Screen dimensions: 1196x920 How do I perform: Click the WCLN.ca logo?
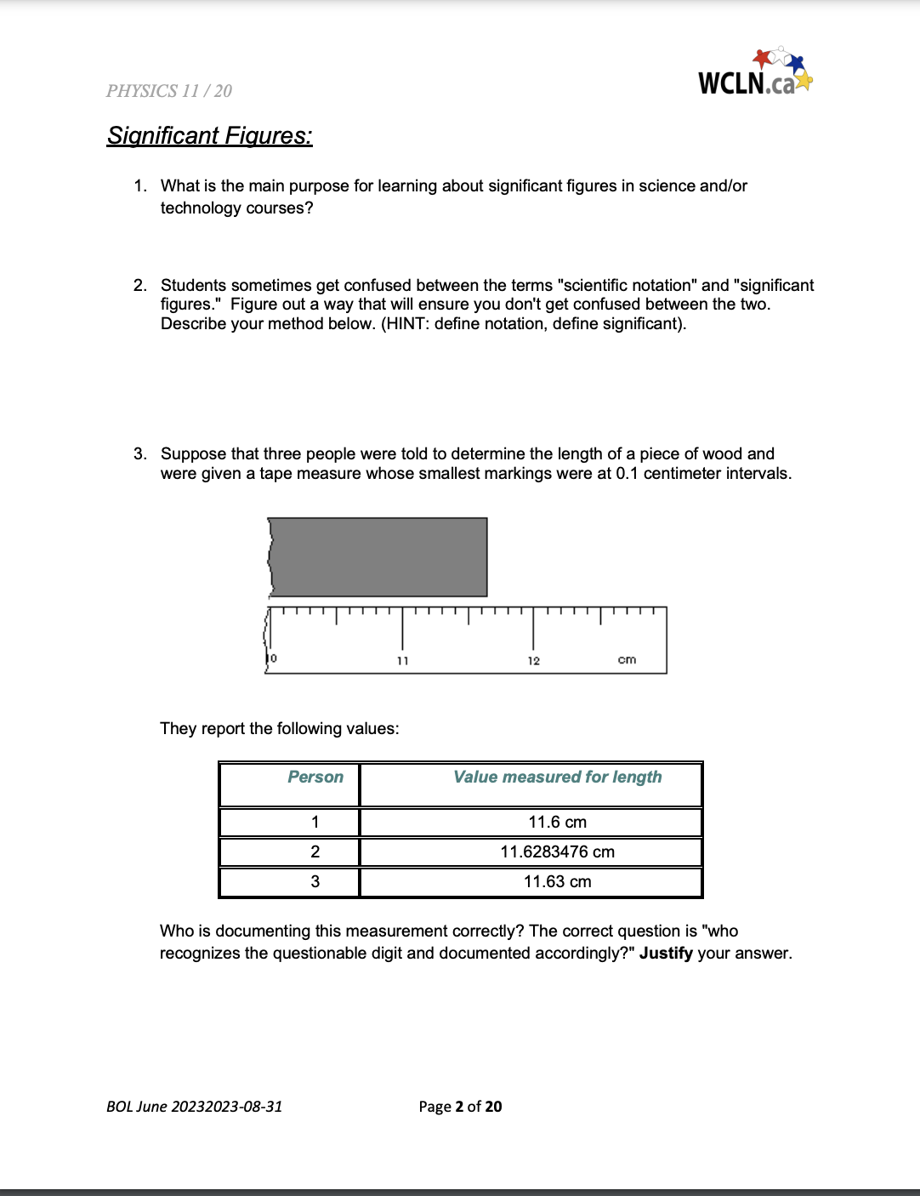[754, 74]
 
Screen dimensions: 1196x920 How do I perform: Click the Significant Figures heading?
[209, 136]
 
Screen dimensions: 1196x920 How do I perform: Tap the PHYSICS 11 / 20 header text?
[168, 91]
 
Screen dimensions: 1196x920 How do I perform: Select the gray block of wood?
[378, 556]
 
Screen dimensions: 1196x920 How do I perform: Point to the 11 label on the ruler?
[403, 661]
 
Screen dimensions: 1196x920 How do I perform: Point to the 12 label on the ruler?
[533, 661]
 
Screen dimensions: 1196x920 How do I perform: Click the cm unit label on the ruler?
[627, 660]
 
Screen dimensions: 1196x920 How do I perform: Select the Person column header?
[315, 777]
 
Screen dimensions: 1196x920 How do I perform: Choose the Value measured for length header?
[557, 777]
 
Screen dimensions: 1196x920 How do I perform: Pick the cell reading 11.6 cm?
[557, 822]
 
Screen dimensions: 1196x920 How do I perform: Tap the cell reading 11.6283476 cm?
[557, 851]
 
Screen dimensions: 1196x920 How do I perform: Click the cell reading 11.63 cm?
[557, 881]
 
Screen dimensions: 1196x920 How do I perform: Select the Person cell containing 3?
[315, 881]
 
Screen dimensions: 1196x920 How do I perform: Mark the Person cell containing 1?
[315, 822]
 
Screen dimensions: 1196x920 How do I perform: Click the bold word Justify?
[666, 953]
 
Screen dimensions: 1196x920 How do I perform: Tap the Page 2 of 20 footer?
[460, 1106]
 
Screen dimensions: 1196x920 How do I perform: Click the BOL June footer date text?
[194, 1106]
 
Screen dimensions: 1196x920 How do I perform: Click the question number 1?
[139, 186]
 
